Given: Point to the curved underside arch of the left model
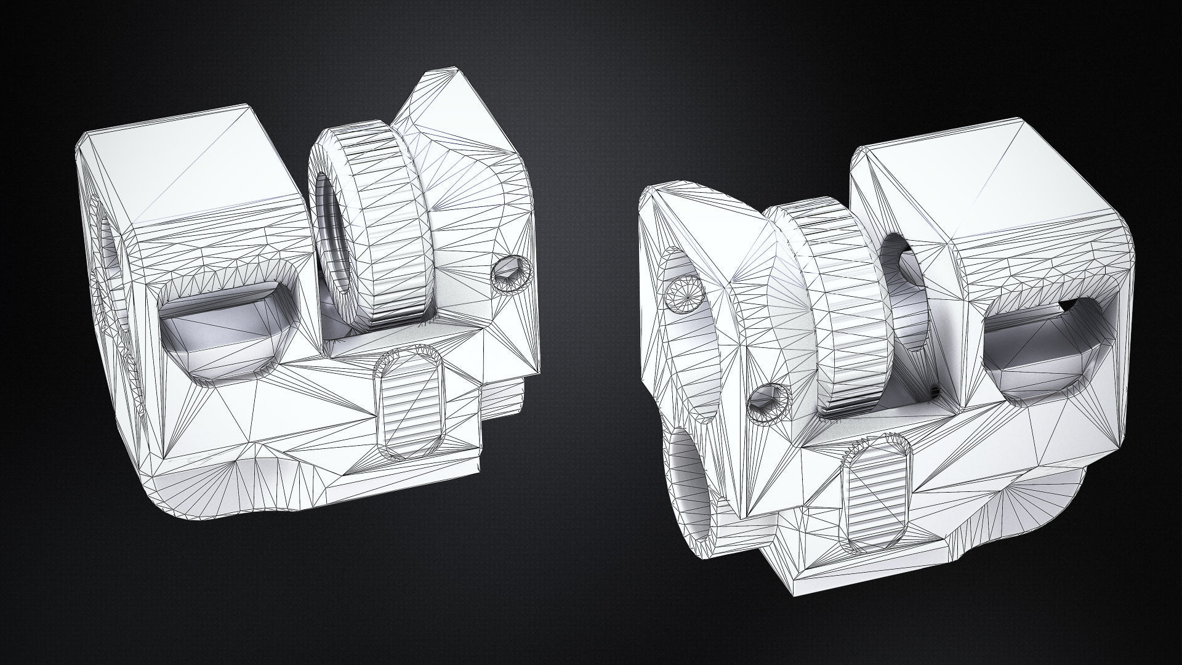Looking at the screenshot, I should (246, 486).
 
